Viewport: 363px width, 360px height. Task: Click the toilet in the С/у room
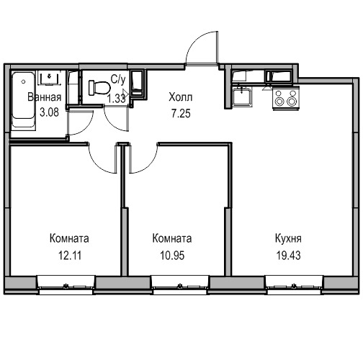point(99,88)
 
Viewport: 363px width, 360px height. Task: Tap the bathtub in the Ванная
point(23,100)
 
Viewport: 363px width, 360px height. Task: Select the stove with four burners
point(286,98)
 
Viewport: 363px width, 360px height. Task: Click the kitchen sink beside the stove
point(242,96)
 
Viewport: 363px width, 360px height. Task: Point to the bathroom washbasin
point(50,78)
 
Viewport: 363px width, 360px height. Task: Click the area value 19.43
point(288,256)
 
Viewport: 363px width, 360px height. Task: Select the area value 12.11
point(70,256)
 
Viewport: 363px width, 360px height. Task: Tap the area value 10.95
point(172,256)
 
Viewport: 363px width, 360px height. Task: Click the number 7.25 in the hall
point(181,113)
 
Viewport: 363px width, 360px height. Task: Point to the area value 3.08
point(49,112)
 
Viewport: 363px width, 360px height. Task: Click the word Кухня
point(288,239)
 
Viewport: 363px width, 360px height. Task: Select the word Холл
point(181,97)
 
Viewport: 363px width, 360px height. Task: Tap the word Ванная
point(45,97)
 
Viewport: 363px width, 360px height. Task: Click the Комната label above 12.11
point(69,238)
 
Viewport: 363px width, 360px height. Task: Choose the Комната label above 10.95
point(172,238)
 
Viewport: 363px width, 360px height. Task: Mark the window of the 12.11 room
point(66,285)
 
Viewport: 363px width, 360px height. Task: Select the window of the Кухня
point(295,285)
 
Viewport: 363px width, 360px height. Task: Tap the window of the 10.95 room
point(180,285)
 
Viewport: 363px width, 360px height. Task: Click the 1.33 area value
point(116,99)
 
